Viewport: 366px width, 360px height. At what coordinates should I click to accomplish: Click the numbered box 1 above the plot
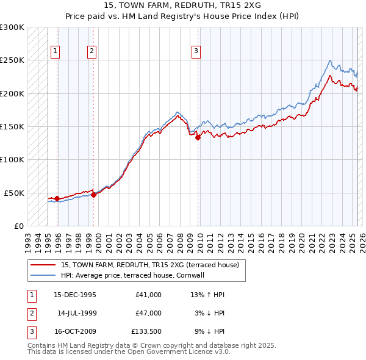point(56,51)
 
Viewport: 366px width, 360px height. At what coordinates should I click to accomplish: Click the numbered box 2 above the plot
point(91,51)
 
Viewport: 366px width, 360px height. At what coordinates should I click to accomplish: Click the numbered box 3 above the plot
point(196,51)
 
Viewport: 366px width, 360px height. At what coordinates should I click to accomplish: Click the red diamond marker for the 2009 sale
point(198,138)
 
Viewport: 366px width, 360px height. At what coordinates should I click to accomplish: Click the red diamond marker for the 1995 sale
point(57,198)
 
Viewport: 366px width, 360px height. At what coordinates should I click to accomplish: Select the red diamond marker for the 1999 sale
point(93,195)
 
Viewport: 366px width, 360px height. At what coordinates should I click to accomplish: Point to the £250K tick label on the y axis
point(12,60)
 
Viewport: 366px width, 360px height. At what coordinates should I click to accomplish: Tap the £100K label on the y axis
point(12,159)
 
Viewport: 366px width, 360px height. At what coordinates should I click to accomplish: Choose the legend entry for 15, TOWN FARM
point(153,265)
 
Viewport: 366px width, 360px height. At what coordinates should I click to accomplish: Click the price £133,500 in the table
point(146,333)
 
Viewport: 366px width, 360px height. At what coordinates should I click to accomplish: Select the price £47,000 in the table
point(148,314)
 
